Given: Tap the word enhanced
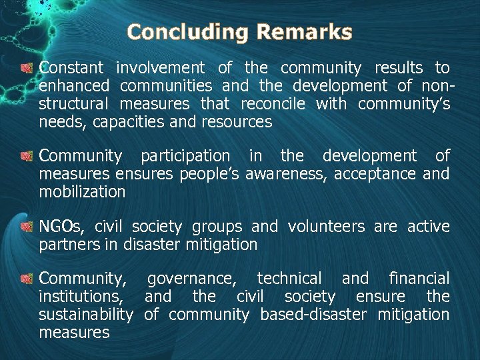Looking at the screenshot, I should (x=74, y=86).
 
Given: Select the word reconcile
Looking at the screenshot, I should (x=273, y=104).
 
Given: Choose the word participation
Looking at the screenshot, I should (x=185, y=157).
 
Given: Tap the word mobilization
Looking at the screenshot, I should (x=82, y=193).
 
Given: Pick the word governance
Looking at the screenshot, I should (x=191, y=279).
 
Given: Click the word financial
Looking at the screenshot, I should (x=419, y=279).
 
